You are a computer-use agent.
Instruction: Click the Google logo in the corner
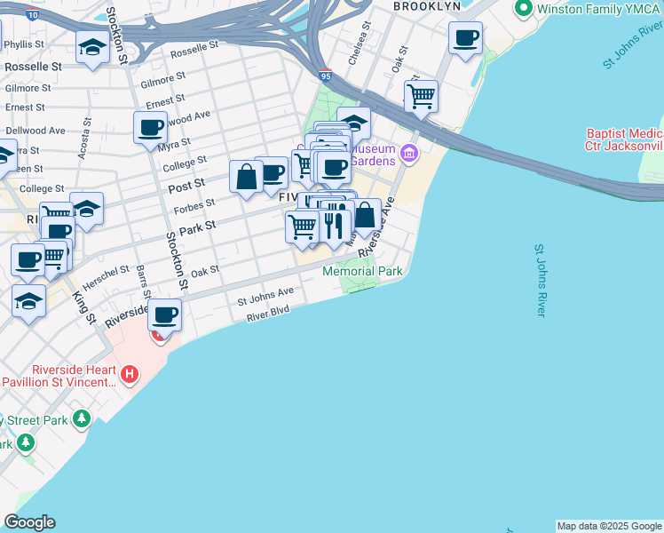(29, 522)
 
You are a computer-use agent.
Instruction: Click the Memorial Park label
(362, 271)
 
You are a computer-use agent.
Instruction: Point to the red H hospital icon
(130, 375)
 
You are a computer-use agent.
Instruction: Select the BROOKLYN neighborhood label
(428, 6)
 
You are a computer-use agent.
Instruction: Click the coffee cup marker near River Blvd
(164, 314)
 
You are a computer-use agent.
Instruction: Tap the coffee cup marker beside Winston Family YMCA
(465, 38)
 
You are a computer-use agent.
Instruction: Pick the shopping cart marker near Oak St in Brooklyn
(421, 95)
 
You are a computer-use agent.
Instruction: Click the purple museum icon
(408, 154)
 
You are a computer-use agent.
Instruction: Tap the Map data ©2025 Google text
(609, 526)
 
